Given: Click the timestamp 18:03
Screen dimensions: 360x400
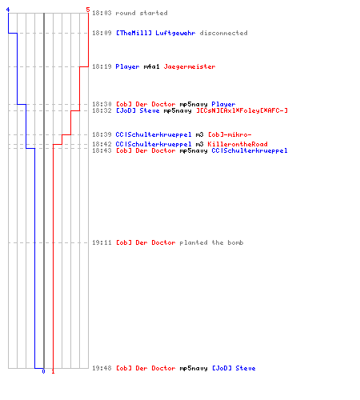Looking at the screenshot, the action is click(x=102, y=13).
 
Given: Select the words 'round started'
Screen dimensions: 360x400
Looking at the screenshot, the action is click(x=142, y=13).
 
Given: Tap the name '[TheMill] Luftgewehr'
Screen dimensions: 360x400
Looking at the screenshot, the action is click(x=155, y=33).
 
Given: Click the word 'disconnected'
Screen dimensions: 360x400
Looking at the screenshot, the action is click(x=223, y=33).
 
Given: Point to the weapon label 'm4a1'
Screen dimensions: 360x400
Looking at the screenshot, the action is click(x=151, y=66).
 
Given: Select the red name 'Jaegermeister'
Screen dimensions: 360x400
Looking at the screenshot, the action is click(x=190, y=66).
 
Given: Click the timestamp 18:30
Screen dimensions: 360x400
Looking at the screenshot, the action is click(x=102, y=104).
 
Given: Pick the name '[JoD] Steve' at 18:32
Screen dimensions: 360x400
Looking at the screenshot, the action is click(x=138, y=110).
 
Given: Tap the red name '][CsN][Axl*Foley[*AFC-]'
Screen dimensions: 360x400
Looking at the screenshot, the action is click(x=242, y=110).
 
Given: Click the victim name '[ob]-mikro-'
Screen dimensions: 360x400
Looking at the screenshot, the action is click(x=230, y=134).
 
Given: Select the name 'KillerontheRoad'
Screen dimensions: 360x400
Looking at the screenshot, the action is click(x=238, y=144).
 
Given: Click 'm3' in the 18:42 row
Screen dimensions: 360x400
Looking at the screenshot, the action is click(x=199, y=144).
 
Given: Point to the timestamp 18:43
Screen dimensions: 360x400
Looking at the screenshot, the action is click(x=102, y=150).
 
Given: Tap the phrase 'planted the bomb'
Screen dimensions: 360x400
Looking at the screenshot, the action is click(x=211, y=242).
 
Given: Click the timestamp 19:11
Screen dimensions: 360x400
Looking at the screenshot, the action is click(x=102, y=242).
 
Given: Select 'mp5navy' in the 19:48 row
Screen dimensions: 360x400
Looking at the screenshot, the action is click(x=194, y=368).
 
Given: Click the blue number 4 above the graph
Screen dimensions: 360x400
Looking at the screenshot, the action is click(x=8, y=10).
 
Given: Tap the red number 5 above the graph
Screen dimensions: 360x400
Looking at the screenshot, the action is click(x=88, y=10).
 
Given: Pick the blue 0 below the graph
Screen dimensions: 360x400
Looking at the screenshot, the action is click(x=43, y=371).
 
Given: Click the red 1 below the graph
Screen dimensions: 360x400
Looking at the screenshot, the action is click(x=53, y=371).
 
